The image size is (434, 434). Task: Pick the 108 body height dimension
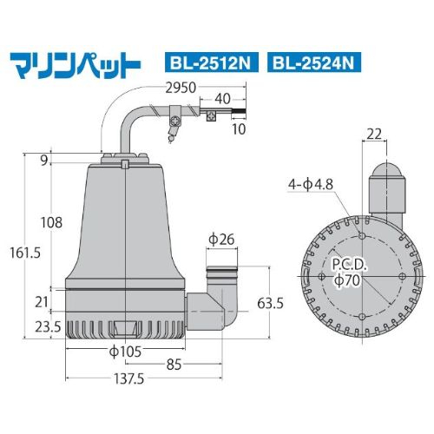pos(51,222)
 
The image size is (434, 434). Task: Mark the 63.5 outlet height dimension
pos(272,304)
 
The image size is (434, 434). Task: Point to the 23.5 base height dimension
pos(47,326)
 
